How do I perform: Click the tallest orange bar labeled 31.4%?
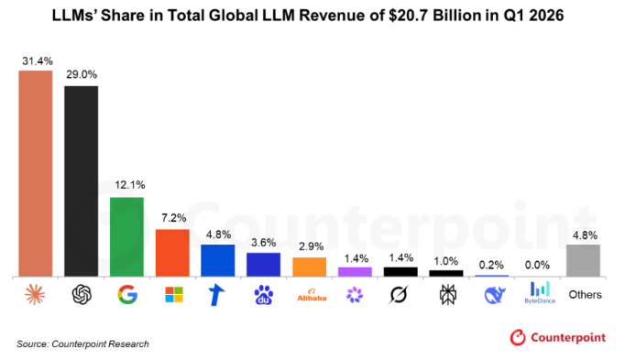(x=36, y=174)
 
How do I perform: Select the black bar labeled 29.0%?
(x=82, y=181)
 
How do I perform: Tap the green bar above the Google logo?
(x=126, y=237)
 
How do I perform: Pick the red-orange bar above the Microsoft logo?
(x=172, y=253)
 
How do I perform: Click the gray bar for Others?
(x=583, y=260)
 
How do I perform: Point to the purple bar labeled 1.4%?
(x=356, y=272)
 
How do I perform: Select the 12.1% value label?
(x=130, y=185)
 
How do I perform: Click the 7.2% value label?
(x=174, y=218)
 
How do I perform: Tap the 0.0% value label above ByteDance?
(x=537, y=265)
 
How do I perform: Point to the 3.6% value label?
(x=264, y=243)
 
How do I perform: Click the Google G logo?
(x=127, y=295)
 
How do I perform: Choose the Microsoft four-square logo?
(x=174, y=295)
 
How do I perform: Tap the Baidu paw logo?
(x=264, y=295)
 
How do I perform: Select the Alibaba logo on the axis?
(x=312, y=296)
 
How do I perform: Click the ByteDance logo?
(x=540, y=293)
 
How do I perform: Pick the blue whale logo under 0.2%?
(x=495, y=295)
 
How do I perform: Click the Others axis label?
(x=586, y=295)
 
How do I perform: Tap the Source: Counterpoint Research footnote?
(x=82, y=344)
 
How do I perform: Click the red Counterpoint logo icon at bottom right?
(x=518, y=338)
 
